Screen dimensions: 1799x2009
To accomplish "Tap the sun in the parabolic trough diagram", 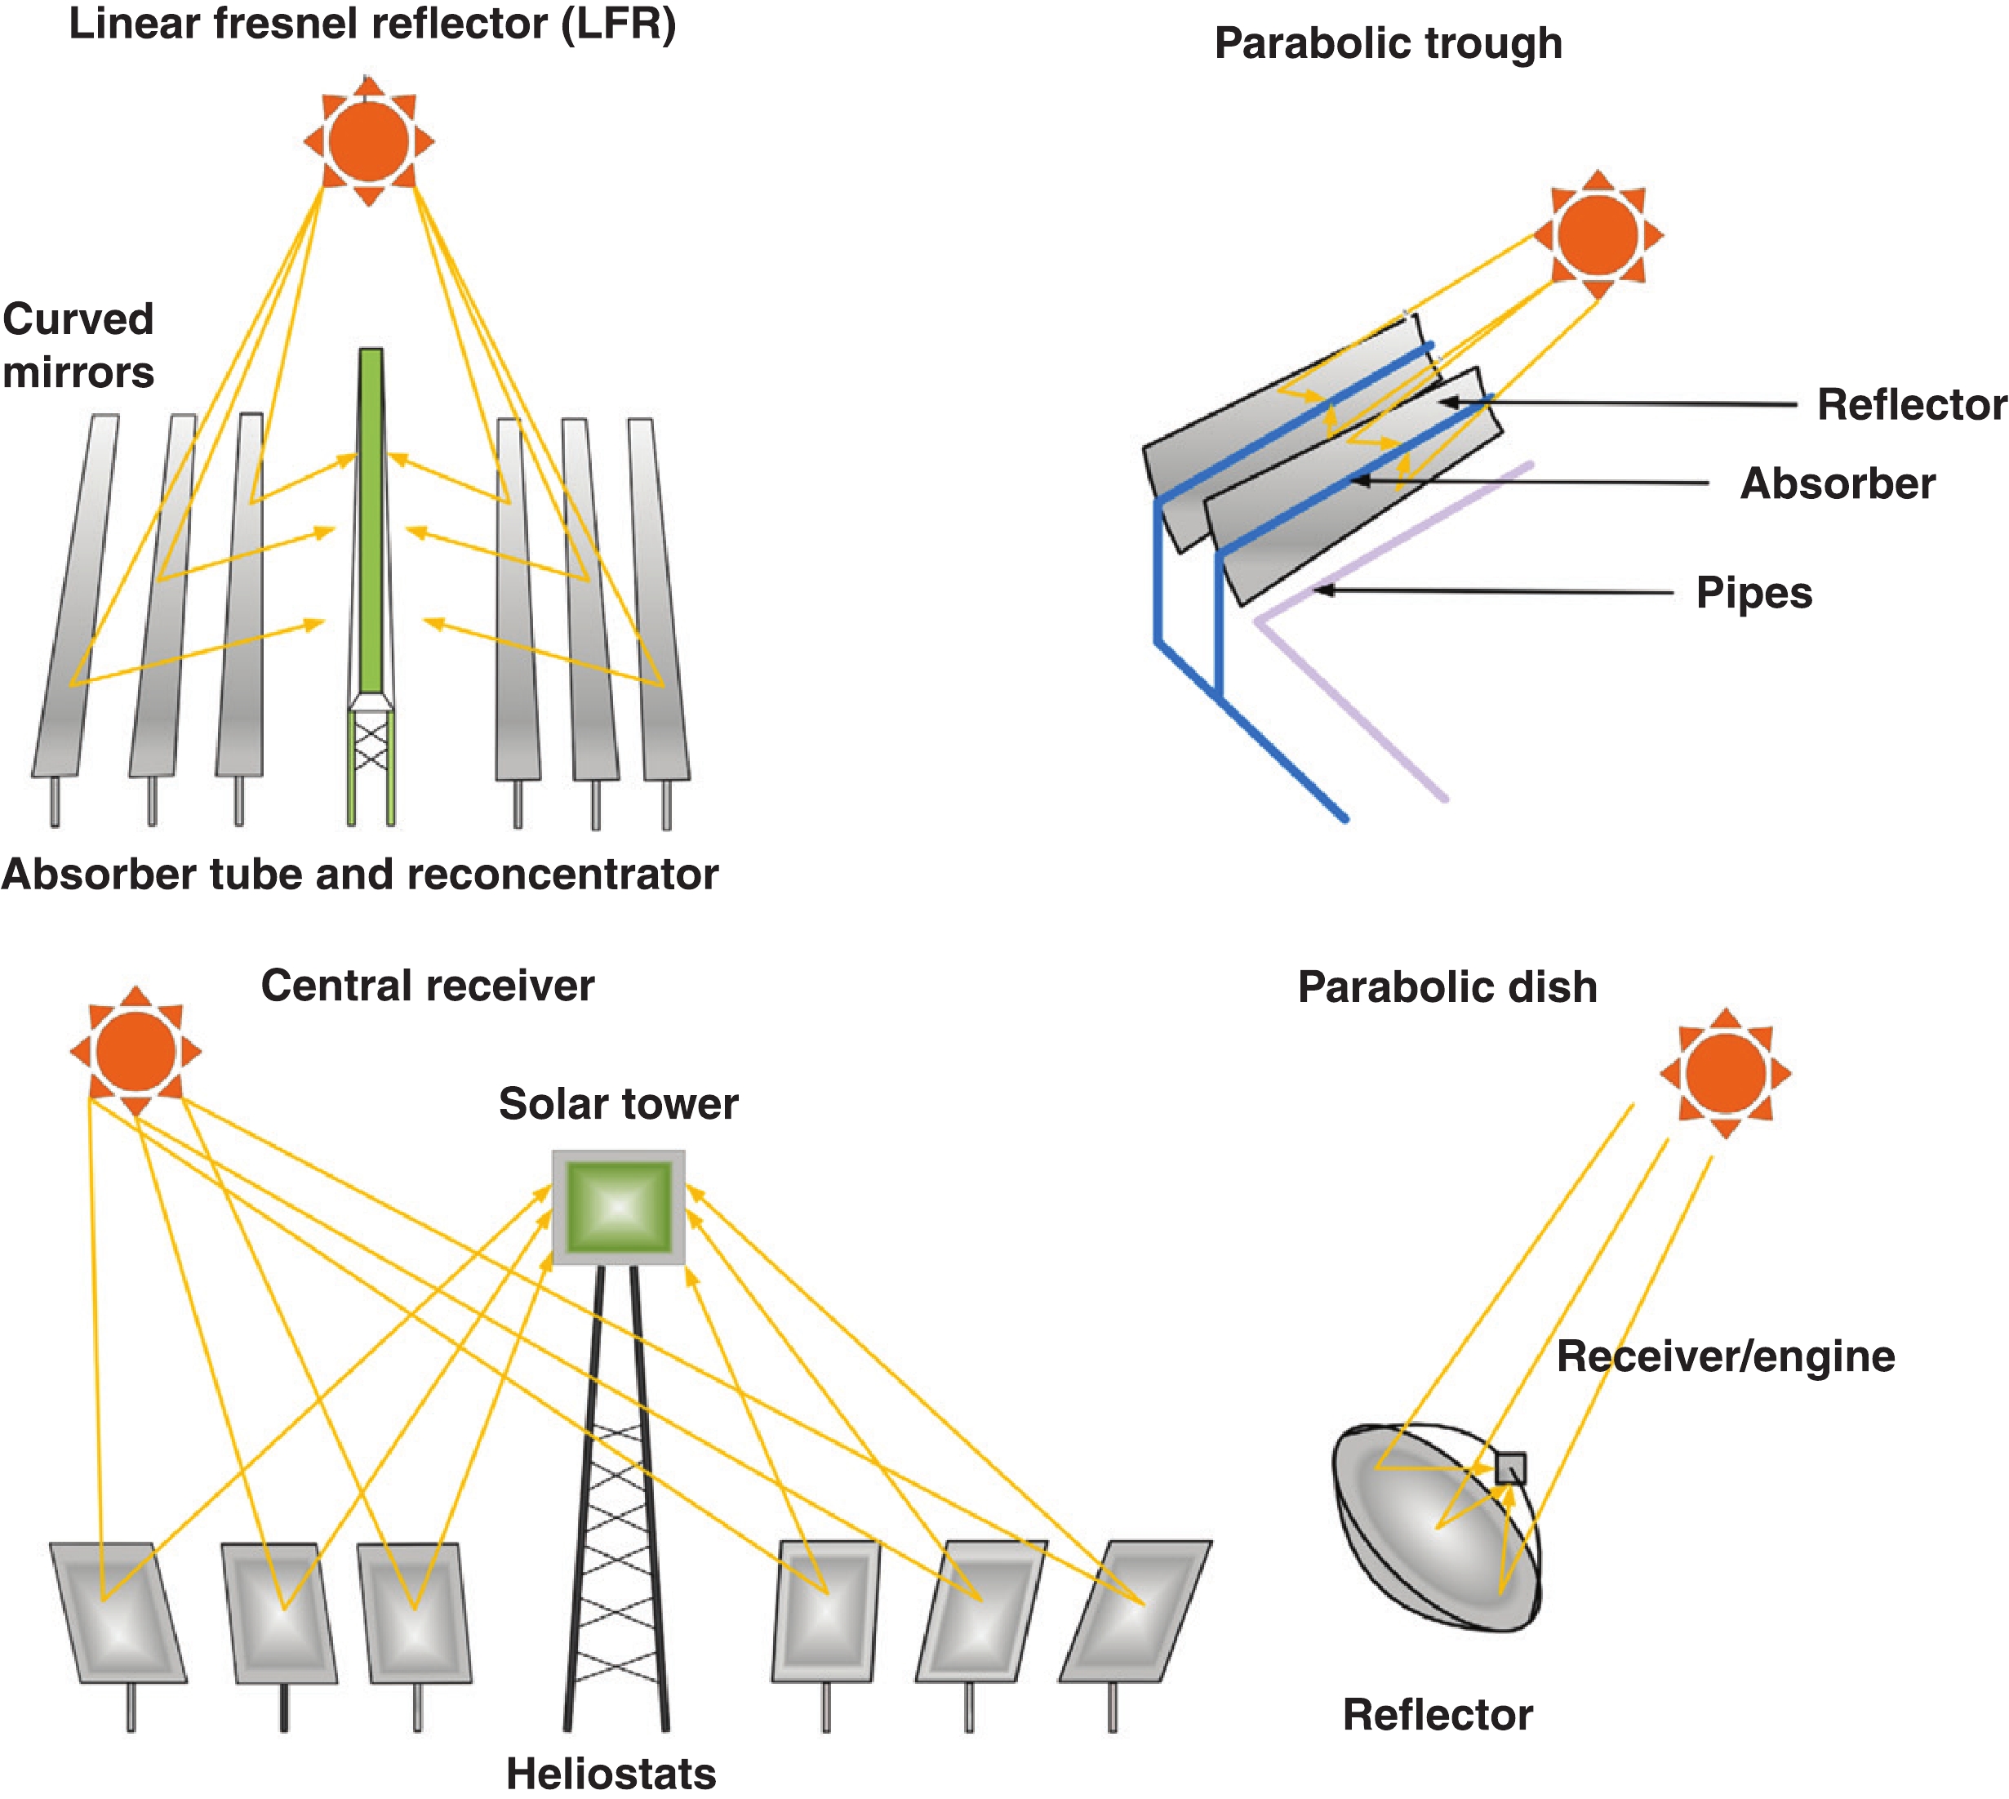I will pos(1598,234).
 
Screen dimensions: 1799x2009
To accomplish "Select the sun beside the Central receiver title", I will pos(136,1051).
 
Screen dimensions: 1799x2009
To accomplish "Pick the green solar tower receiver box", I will pos(619,1207).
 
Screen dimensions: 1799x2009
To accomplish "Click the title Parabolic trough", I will pos(1388,43).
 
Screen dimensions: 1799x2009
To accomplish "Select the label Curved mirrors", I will pos(78,346).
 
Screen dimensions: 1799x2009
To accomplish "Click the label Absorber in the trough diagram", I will pos(1837,484).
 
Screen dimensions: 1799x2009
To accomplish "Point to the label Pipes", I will pos(1754,593).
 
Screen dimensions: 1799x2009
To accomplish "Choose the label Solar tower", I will pos(618,1104).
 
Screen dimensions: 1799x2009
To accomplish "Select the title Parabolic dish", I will pos(1447,987).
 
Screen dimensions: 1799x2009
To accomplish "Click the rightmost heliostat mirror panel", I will pos(1136,1611).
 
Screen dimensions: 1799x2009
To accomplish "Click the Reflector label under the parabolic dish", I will pos(1437,1715).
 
